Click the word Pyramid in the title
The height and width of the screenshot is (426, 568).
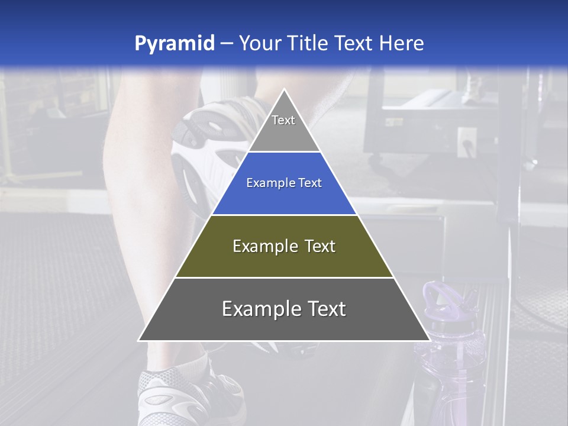point(174,43)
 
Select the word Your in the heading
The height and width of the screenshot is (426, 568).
point(259,43)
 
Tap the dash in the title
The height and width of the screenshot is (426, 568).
point(226,43)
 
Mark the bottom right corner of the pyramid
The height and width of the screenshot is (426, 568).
point(430,340)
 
